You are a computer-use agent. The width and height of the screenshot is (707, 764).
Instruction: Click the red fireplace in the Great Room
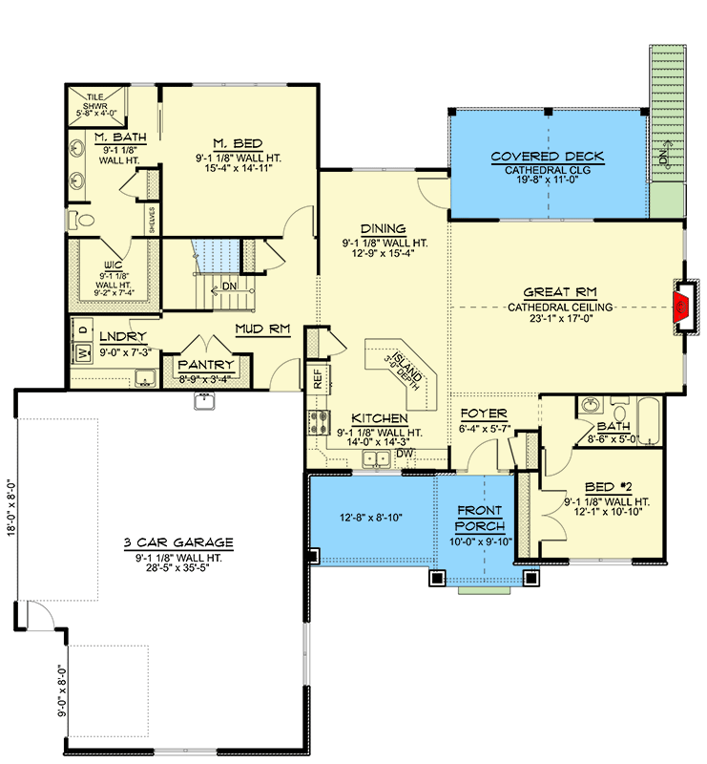681,307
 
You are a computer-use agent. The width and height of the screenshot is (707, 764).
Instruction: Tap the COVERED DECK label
547,157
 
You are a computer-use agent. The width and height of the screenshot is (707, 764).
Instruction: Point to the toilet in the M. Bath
83,219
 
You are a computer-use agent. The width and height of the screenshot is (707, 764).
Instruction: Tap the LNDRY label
122,337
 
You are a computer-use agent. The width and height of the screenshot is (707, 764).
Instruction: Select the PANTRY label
205,365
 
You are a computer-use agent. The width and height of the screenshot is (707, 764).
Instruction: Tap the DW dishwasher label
404,453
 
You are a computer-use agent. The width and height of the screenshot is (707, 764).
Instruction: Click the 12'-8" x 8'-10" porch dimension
371,517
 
